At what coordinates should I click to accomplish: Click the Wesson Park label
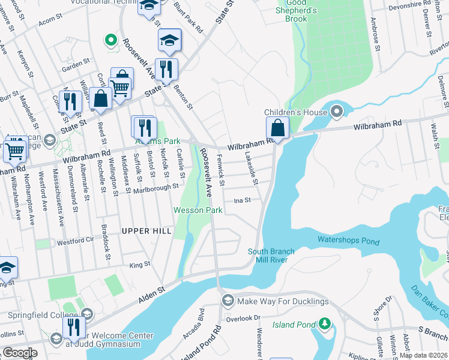(x=198, y=210)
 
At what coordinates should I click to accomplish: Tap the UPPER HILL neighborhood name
(x=146, y=231)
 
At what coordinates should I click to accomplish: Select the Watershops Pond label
(x=348, y=240)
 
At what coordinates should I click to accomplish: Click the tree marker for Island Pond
(x=325, y=324)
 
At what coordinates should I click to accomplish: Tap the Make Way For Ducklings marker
(x=228, y=300)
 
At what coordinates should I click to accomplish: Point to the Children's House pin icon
(x=336, y=111)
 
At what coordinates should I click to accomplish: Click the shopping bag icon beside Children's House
(x=277, y=128)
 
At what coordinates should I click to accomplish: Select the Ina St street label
(x=242, y=200)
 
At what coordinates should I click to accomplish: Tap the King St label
(x=139, y=264)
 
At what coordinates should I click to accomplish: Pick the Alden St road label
(x=152, y=293)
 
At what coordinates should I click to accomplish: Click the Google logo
(x=20, y=353)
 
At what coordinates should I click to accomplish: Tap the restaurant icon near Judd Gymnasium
(x=74, y=328)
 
